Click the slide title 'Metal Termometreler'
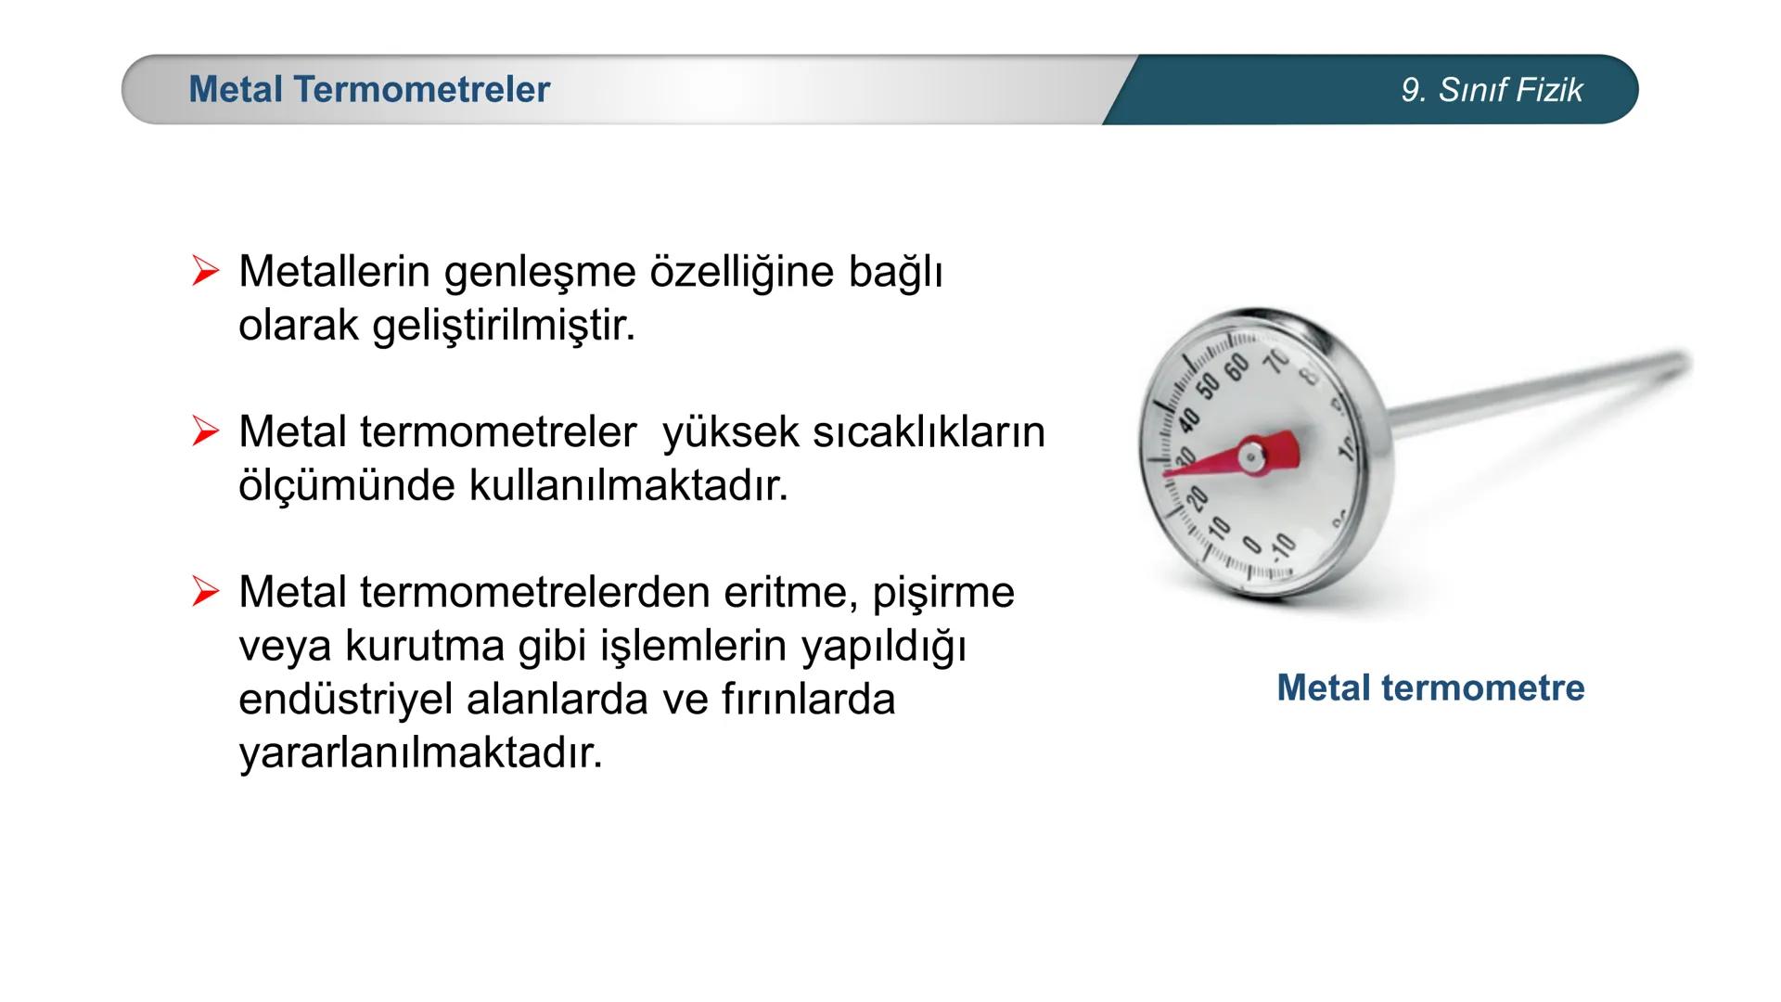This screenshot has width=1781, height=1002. (369, 90)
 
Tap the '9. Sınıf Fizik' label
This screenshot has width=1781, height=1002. (1492, 90)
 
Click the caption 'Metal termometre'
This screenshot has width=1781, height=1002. (1430, 687)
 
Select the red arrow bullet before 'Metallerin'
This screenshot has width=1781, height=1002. (205, 272)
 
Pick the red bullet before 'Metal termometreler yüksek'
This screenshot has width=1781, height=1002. (205, 431)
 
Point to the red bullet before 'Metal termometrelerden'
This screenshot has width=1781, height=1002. (205, 592)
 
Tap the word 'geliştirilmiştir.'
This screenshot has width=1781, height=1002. (504, 326)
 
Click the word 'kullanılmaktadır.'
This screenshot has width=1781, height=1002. (628, 485)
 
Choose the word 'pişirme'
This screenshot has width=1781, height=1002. (943, 592)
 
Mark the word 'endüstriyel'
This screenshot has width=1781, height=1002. (345, 700)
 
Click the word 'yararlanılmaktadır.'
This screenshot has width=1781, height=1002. (420, 752)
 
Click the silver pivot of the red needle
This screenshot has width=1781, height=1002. (1251, 456)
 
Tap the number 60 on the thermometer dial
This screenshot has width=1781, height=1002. (1236, 368)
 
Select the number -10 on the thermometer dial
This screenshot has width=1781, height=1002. (1282, 547)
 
